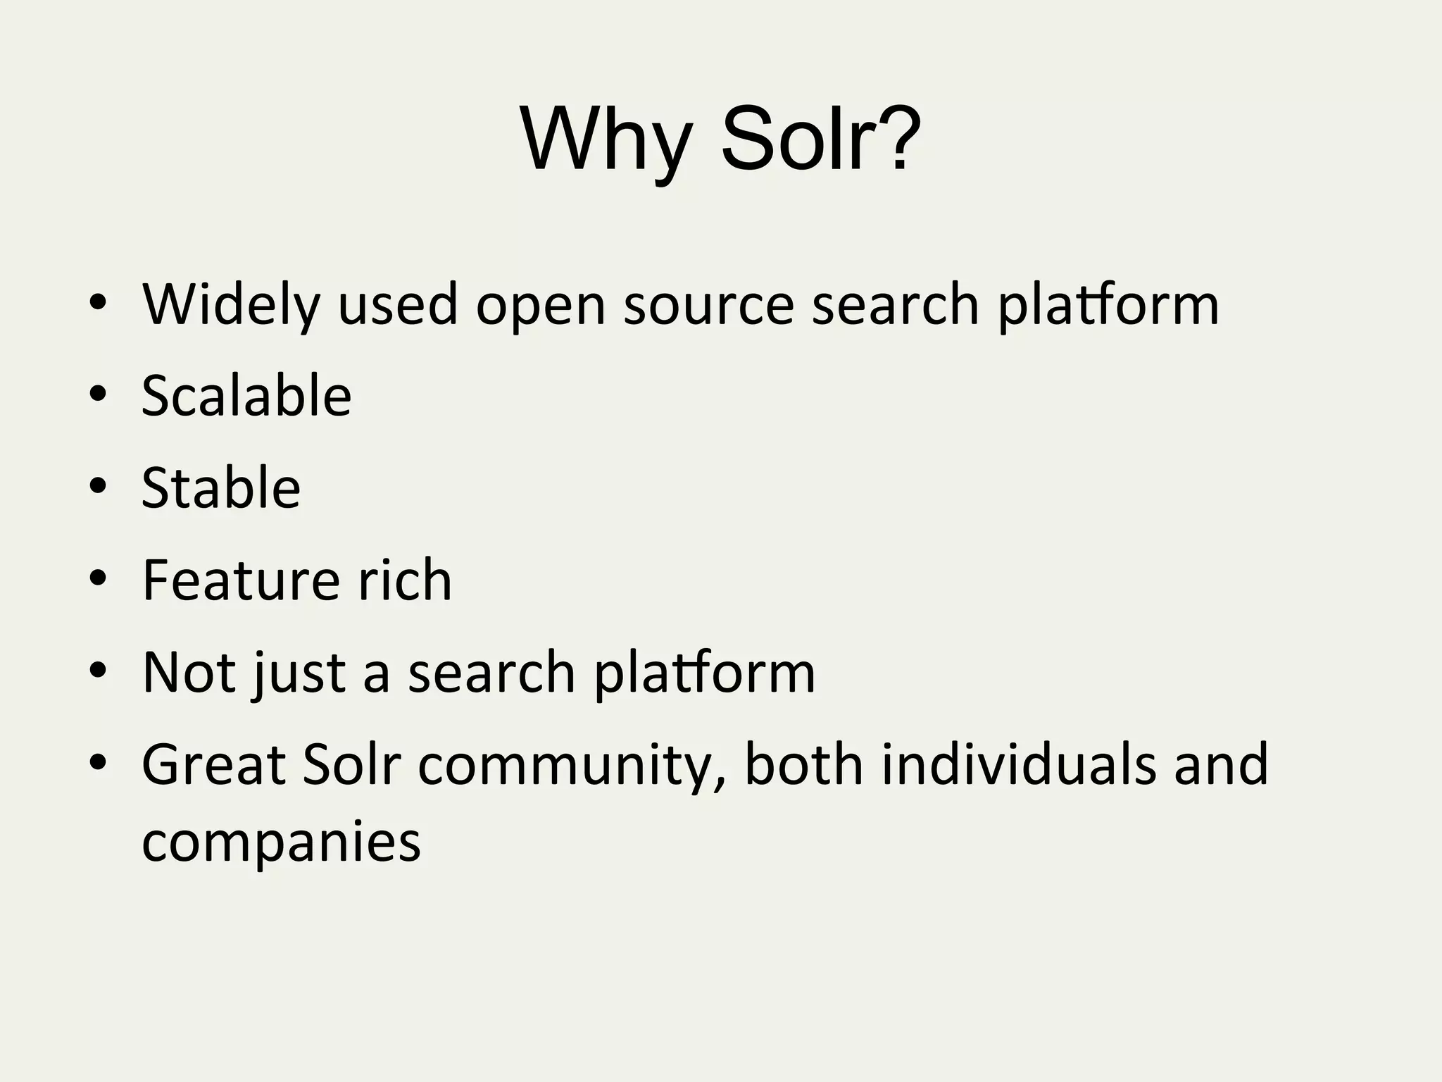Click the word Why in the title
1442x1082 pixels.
coord(606,140)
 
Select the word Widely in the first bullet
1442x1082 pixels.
coord(231,305)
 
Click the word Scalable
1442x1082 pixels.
coord(246,396)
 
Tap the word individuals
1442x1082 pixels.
coord(1018,765)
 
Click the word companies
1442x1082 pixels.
coord(281,843)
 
